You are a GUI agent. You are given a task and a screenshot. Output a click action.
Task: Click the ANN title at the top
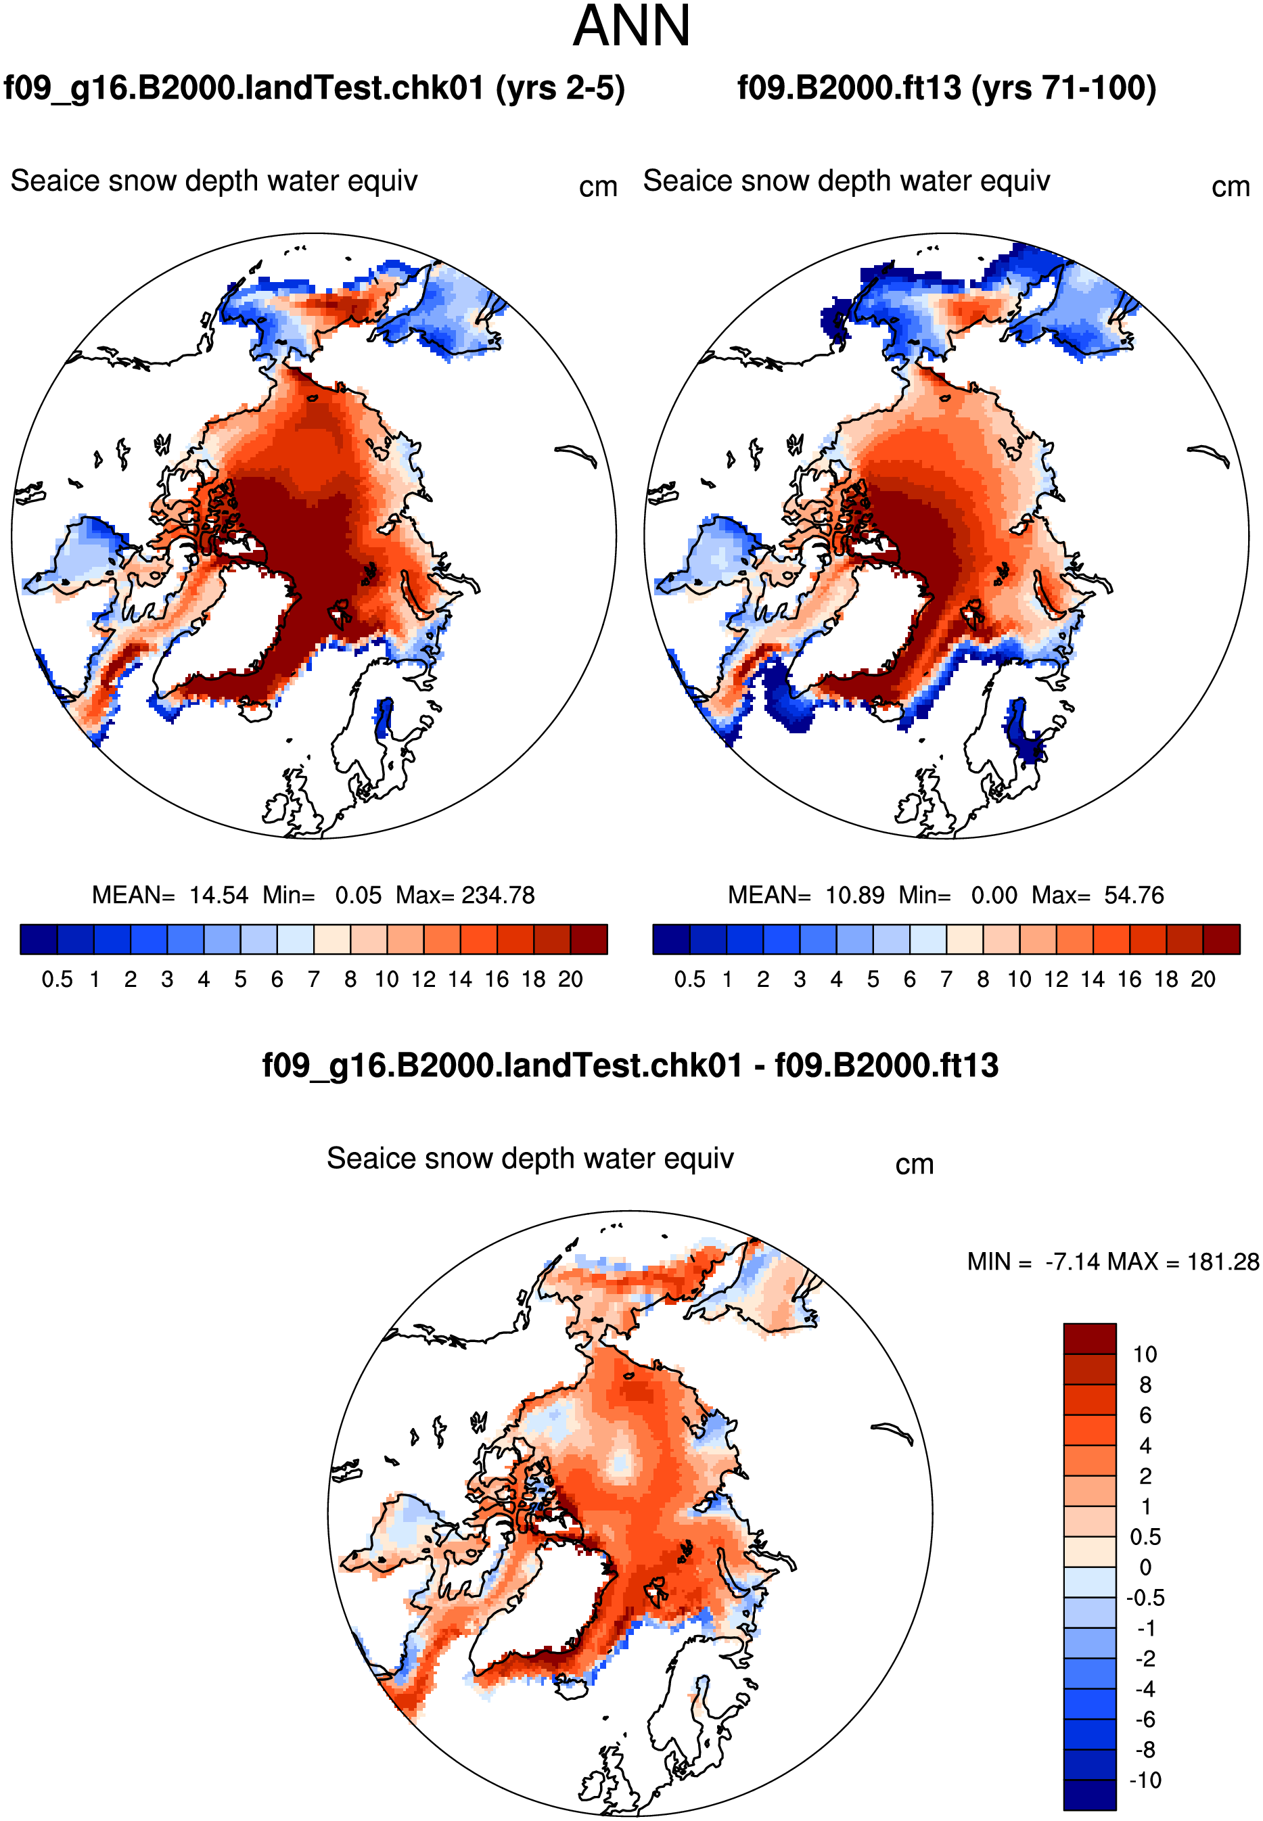tap(632, 26)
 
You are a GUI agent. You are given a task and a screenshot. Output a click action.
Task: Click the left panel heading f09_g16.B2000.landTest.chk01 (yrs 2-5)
tap(314, 88)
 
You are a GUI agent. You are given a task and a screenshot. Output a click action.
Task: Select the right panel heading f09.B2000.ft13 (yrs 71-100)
tap(946, 88)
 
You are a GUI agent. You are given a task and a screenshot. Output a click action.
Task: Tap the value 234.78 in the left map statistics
tap(498, 895)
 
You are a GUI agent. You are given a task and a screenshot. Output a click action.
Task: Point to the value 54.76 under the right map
tap(1134, 895)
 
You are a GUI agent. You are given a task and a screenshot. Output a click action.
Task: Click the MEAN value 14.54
tap(219, 895)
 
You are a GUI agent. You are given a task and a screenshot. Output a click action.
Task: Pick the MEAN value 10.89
tap(854, 895)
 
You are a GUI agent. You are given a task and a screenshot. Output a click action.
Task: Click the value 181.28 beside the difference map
tap(1222, 1262)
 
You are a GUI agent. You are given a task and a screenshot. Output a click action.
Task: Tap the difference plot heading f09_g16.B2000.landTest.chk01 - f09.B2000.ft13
tap(630, 1065)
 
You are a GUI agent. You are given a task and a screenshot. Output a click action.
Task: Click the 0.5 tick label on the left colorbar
tap(57, 979)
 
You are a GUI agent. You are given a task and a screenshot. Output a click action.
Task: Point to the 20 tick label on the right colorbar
tap(1203, 979)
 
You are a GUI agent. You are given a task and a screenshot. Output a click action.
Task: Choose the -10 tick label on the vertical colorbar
tap(1145, 1780)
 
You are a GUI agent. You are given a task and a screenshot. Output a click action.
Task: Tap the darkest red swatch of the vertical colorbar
tap(1090, 1338)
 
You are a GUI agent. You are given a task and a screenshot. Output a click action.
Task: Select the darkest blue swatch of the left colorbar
tap(39, 940)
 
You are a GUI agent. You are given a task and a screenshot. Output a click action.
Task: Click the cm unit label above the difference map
tap(915, 1164)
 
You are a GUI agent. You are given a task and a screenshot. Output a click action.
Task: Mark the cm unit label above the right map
tap(1231, 187)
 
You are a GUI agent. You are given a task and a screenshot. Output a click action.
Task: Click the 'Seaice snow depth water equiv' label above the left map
tap(214, 181)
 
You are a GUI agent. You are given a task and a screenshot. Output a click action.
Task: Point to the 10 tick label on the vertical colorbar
tap(1145, 1354)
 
